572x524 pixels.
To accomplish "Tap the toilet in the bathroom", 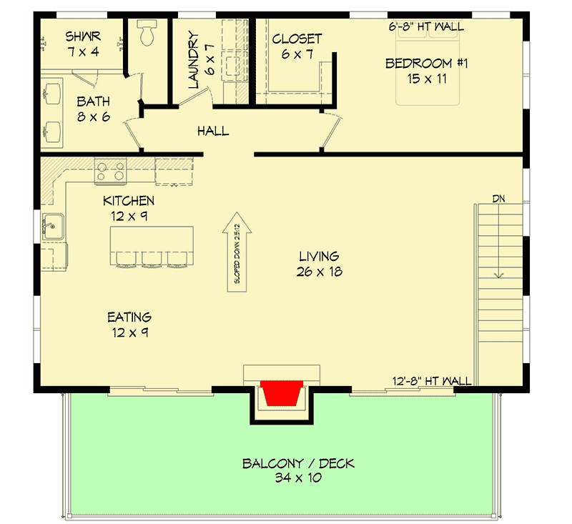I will coord(147,34).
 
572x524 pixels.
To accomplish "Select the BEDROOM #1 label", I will coord(426,64).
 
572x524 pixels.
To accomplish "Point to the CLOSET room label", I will coord(297,39).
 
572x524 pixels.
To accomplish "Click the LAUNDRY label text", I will coord(192,59).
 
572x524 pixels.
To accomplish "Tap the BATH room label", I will coord(93,102).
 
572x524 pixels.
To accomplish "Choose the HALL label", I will coord(213,131).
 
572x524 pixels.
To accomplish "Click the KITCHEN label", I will coord(129,201).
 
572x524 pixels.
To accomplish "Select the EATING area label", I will coord(129,317).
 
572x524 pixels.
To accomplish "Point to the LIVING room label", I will coord(318,256).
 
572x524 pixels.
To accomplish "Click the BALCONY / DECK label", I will coord(298,464).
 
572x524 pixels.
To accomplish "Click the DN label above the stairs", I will coord(498,199).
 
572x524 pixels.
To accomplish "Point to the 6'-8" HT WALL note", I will coord(426,26).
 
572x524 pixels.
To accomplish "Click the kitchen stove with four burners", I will coord(111,170).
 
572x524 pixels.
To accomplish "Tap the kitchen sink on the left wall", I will coord(51,227).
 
